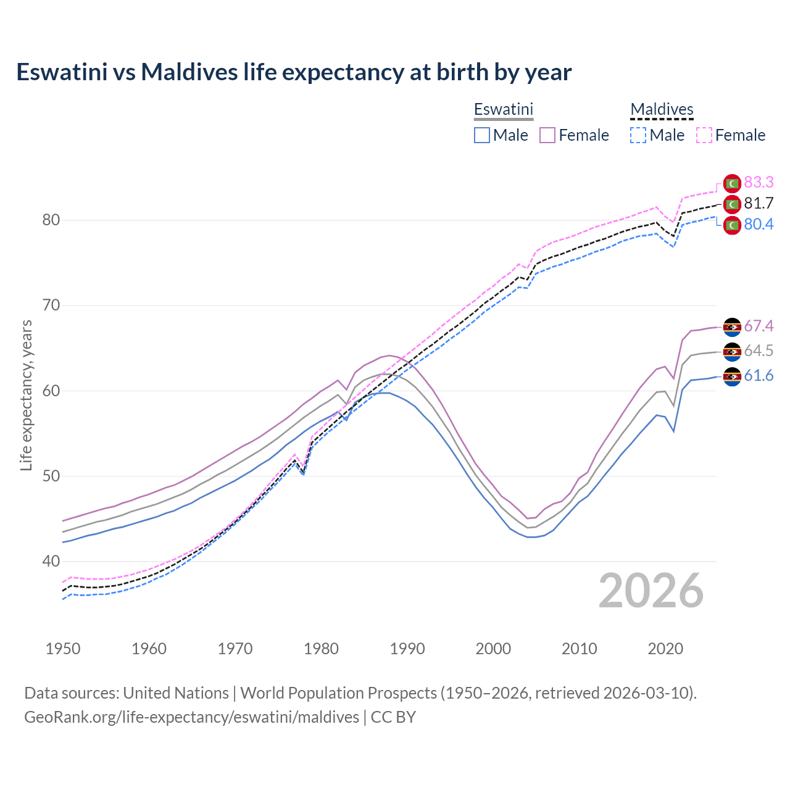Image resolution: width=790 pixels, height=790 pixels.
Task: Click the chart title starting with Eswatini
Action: point(294,72)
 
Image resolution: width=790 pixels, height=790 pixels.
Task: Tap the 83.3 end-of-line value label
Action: point(759,182)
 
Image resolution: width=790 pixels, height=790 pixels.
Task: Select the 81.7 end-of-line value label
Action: point(759,203)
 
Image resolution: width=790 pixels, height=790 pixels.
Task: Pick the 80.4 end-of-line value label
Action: point(759,224)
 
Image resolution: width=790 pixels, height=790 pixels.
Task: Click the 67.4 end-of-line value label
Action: point(759,326)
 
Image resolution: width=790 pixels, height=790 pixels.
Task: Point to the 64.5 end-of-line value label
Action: point(759,351)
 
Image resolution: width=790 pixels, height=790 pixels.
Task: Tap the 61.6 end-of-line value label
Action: point(759,376)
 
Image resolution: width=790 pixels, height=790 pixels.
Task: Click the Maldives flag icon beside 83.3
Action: point(732,183)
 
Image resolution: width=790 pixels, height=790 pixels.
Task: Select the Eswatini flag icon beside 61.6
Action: point(732,376)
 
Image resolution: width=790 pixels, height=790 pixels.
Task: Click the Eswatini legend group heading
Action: point(503,109)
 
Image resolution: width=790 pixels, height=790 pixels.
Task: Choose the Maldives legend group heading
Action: point(662,109)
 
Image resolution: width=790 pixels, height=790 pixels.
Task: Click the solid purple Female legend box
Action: point(548,135)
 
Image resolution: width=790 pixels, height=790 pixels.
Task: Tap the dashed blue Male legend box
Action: point(638,135)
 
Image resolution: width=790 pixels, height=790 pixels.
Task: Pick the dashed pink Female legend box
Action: point(704,135)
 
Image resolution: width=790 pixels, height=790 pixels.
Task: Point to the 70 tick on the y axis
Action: point(51,306)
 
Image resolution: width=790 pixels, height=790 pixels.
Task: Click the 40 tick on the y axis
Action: point(51,561)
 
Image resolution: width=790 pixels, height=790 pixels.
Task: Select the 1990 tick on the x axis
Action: point(407,649)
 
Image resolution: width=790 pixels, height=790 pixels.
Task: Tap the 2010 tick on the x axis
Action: point(579,649)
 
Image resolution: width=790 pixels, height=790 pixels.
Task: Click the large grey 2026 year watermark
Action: point(651,591)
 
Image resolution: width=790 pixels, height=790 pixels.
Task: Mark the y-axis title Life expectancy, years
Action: point(27,395)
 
